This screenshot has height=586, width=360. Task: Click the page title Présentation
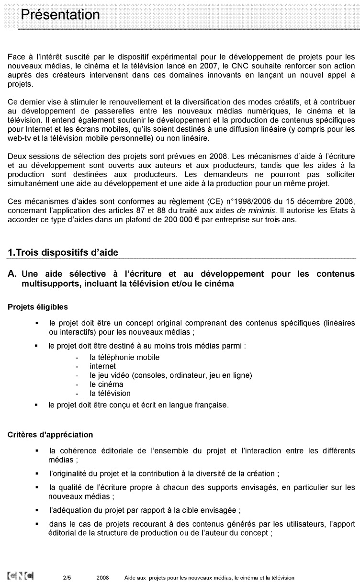pyautogui.click(x=60, y=15)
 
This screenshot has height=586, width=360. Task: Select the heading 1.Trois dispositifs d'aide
pyautogui.click(x=63, y=252)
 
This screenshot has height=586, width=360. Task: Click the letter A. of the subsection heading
pyautogui.click(x=13, y=274)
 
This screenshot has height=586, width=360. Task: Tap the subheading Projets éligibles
pyautogui.click(x=38, y=306)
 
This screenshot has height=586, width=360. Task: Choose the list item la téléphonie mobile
pyautogui.click(x=124, y=357)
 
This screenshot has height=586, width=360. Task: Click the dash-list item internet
pyautogui.click(x=102, y=366)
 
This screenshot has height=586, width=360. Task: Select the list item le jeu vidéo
pyautogui.click(x=111, y=375)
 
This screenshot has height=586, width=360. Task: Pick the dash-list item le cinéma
pyautogui.click(x=106, y=384)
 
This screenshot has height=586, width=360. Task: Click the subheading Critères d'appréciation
pyautogui.click(x=50, y=435)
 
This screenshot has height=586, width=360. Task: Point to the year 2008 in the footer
pyautogui.click(x=102, y=578)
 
